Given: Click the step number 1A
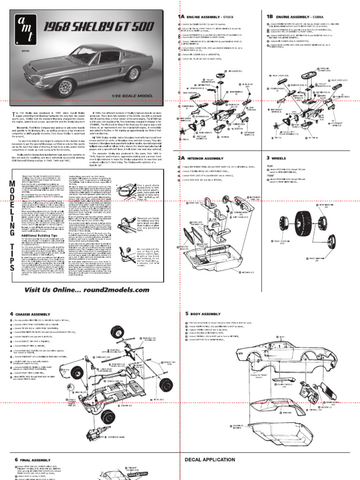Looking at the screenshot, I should point(181,16).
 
